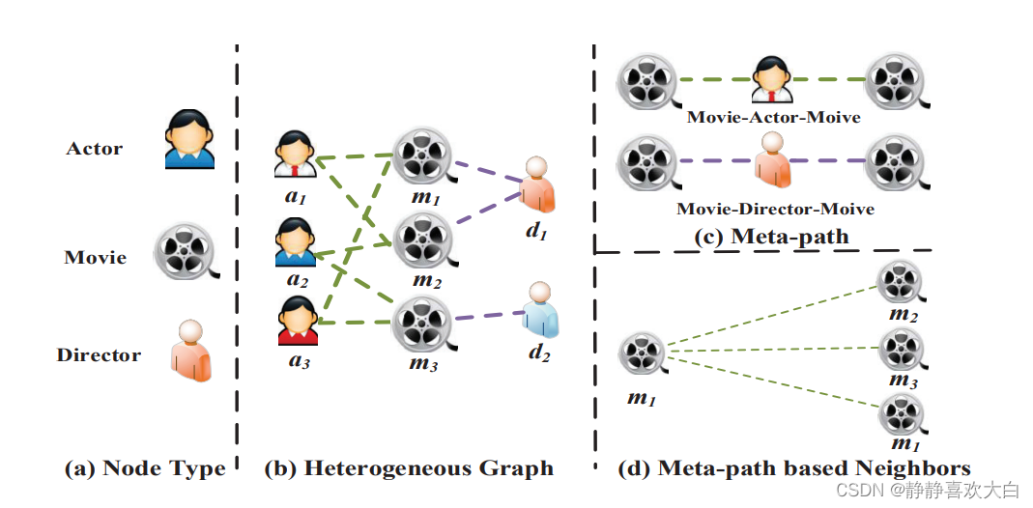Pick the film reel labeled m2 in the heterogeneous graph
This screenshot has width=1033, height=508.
421,236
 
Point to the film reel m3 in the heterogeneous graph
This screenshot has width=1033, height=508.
421,322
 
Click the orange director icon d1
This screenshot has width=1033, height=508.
537,185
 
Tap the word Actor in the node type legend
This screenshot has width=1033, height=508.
95,149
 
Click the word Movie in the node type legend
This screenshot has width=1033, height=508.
96,257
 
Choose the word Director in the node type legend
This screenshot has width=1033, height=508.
99,354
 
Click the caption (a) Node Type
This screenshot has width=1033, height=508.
145,469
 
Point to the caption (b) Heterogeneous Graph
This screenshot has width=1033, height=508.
409,469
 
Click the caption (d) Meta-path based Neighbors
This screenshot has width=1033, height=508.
794,469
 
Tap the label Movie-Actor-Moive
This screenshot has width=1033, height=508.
773,118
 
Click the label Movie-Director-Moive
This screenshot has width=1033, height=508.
775,209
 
